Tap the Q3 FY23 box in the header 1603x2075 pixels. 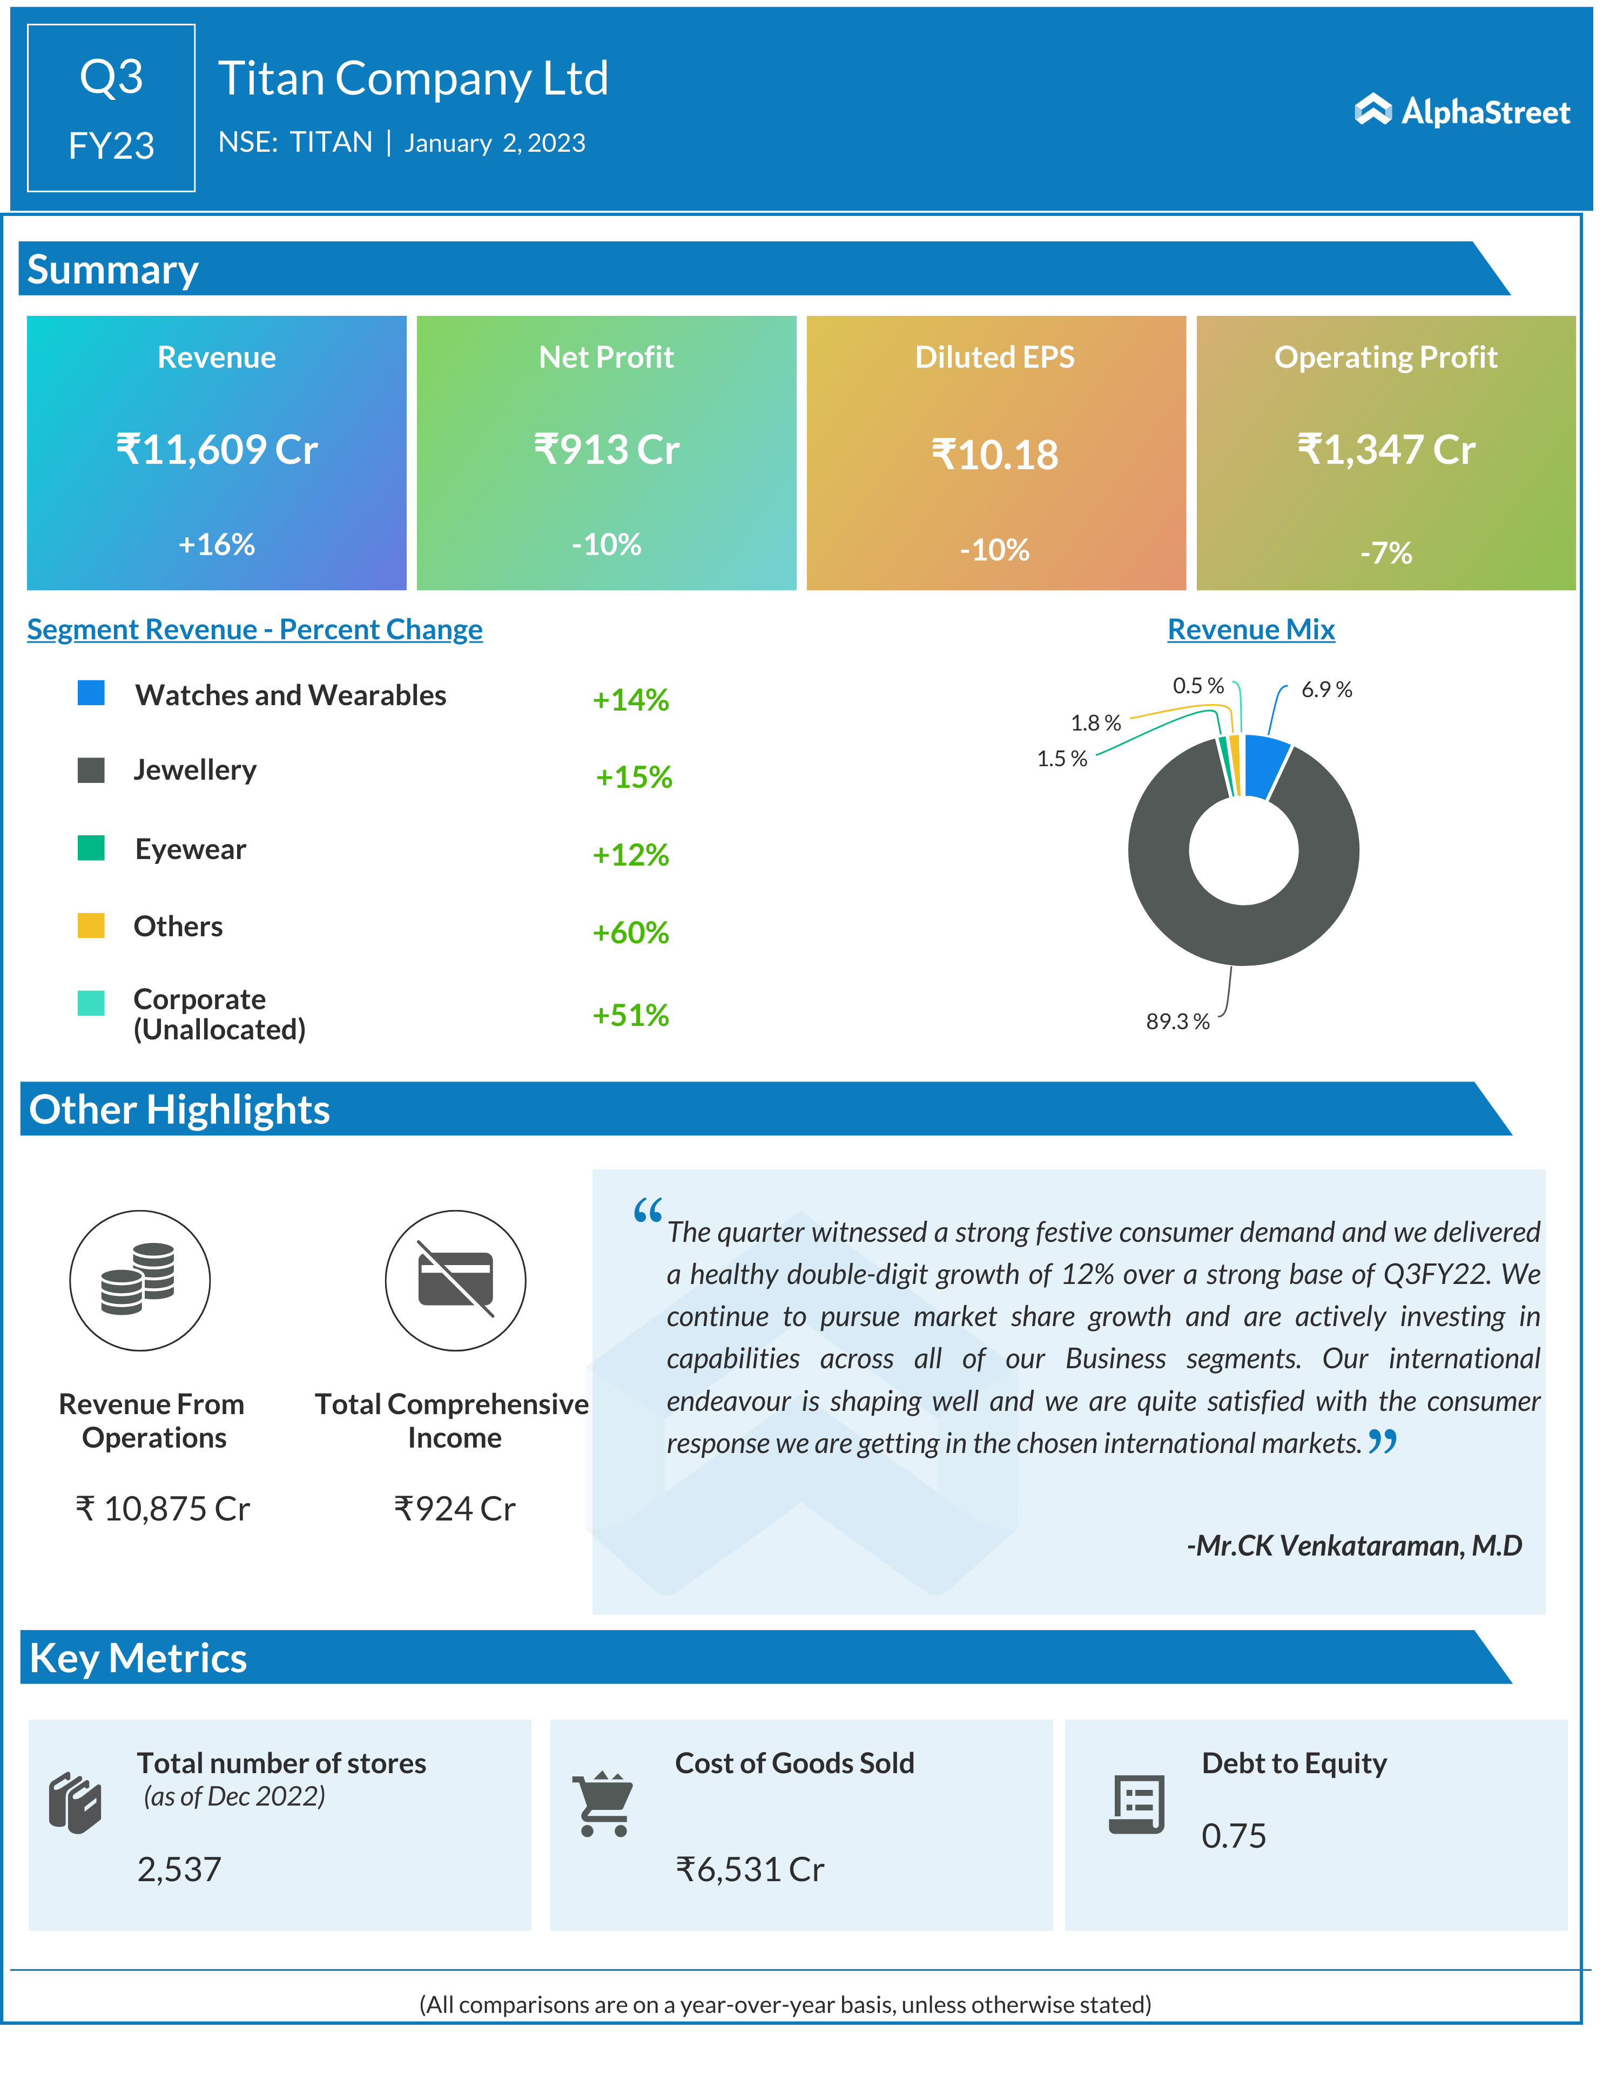click(x=111, y=109)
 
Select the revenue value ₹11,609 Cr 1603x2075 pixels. click(x=217, y=449)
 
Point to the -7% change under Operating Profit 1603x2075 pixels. click(x=1385, y=552)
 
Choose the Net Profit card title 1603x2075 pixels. click(x=606, y=357)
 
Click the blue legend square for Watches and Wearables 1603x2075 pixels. click(x=91, y=693)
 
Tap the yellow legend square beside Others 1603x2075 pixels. click(x=91, y=925)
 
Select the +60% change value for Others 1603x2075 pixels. click(x=631, y=932)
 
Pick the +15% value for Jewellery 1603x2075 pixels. click(x=634, y=777)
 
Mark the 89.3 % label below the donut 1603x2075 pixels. click(x=1177, y=1022)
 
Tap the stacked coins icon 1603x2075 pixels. click(x=140, y=1280)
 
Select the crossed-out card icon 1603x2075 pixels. click(x=455, y=1280)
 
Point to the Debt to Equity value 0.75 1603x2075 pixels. click(x=1234, y=1836)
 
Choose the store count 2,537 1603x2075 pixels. click(x=180, y=1869)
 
